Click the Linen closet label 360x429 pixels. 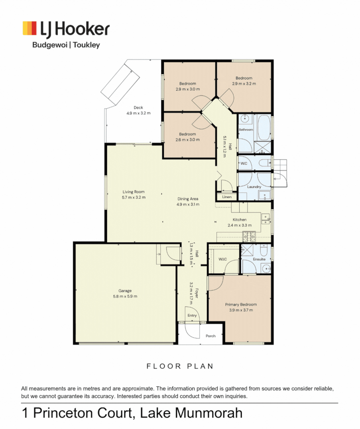227,197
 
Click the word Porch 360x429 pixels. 211,336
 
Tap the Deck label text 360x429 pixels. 138,107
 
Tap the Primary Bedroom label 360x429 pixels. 240,305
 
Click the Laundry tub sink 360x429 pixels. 264,195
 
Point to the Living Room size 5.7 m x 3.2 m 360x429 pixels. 133,197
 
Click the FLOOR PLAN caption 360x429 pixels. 180,366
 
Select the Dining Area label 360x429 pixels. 188,199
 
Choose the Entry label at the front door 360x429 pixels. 192,315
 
